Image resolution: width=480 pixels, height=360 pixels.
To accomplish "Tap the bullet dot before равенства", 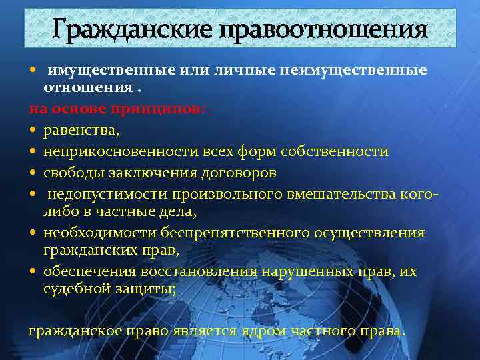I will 34,131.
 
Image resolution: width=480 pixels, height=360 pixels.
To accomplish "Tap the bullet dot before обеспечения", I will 34,271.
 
